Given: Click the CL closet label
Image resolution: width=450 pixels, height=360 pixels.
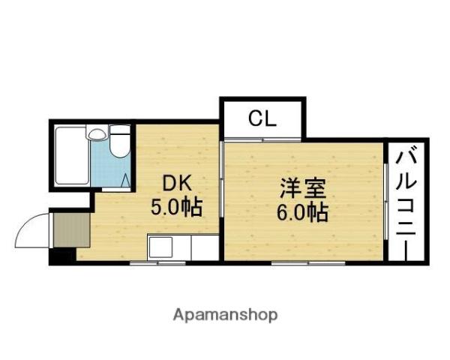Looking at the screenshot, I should [x=262, y=118].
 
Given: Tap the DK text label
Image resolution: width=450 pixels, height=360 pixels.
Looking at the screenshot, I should [x=176, y=182].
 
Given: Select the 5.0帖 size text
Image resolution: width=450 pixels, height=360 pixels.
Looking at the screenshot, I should [x=177, y=206].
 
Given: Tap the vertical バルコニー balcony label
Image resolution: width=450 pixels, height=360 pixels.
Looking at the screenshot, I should [x=408, y=201].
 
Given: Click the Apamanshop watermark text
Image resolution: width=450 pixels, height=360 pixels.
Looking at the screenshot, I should [x=225, y=315].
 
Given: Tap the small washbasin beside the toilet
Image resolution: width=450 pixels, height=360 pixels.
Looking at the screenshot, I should [x=96, y=136].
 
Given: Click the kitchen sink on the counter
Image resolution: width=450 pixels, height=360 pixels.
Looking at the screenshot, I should [x=160, y=247].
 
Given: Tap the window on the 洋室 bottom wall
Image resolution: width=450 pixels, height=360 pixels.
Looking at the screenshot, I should [x=307, y=263].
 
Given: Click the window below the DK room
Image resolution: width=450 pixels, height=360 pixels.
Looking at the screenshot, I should [x=157, y=263].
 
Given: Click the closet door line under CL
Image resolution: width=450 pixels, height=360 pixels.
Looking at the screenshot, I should [x=262, y=139].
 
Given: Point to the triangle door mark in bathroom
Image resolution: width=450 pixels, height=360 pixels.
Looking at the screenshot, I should [x=126, y=180].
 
